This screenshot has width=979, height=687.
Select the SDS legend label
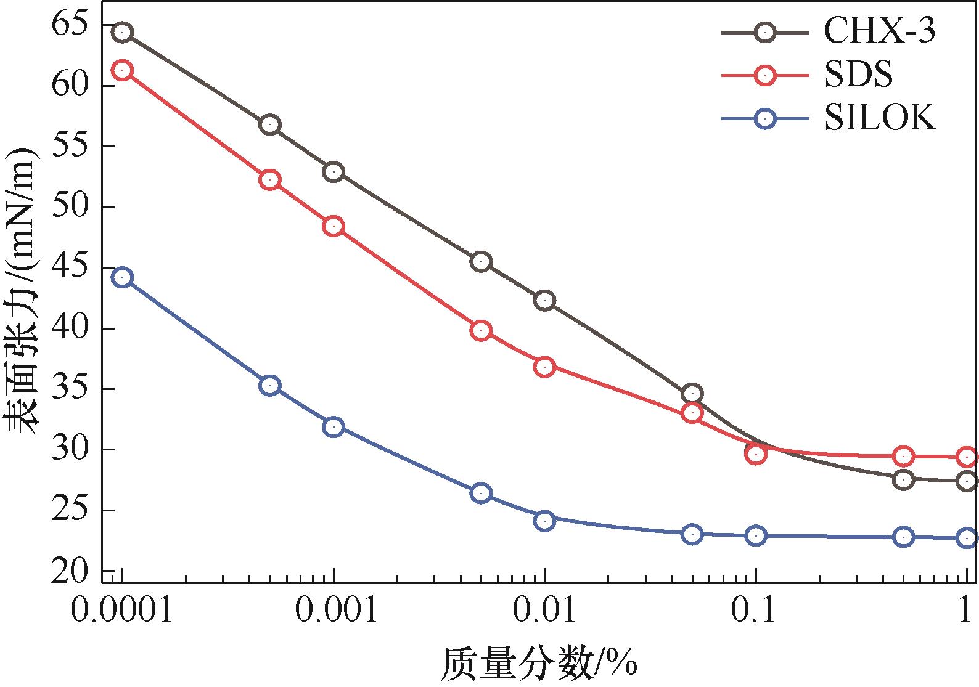click(858, 75)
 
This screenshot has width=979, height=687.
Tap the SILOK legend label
click(880, 118)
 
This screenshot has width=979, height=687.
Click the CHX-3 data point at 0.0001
click(122, 32)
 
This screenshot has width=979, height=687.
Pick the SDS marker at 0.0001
click(122, 70)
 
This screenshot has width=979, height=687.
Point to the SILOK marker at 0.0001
click(122, 278)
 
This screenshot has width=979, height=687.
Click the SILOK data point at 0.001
click(333, 427)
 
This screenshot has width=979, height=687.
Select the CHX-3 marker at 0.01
click(544, 301)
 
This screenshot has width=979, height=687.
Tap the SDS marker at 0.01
click(544, 367)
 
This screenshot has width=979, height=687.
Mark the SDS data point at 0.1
click(756, 455)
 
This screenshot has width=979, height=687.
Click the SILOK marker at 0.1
click(756, 535)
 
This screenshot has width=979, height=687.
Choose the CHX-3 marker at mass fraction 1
click(967, 481)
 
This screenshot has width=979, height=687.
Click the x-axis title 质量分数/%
click(538, 664)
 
